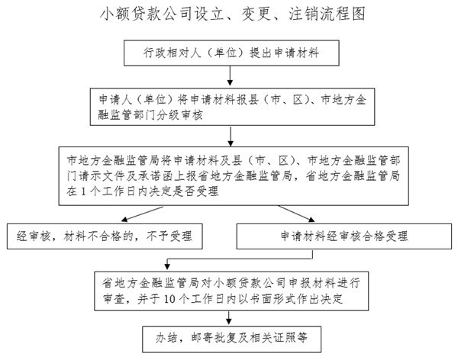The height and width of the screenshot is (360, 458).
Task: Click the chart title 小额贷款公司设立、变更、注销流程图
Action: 233,14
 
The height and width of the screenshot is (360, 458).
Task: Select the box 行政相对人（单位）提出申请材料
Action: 231,53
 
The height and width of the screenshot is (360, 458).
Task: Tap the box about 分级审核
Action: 232,107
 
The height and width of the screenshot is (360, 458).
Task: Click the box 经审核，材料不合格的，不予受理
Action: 105,236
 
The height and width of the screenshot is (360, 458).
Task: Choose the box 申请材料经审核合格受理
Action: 343,236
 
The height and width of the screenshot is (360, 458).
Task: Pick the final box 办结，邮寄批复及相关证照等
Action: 231,339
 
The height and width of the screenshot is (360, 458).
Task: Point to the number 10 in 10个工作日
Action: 169,299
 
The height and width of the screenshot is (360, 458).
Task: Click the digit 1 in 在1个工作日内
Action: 83,191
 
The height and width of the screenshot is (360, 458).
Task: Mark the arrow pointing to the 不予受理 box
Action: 142,214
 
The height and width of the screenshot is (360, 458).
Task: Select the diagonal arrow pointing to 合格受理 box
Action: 296,214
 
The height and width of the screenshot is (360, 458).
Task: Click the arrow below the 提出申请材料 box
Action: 230,76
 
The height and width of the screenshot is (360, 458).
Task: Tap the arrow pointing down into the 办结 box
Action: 229,317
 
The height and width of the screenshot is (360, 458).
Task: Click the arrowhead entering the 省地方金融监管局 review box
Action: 167,266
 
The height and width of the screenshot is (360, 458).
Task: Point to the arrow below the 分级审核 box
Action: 231,136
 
